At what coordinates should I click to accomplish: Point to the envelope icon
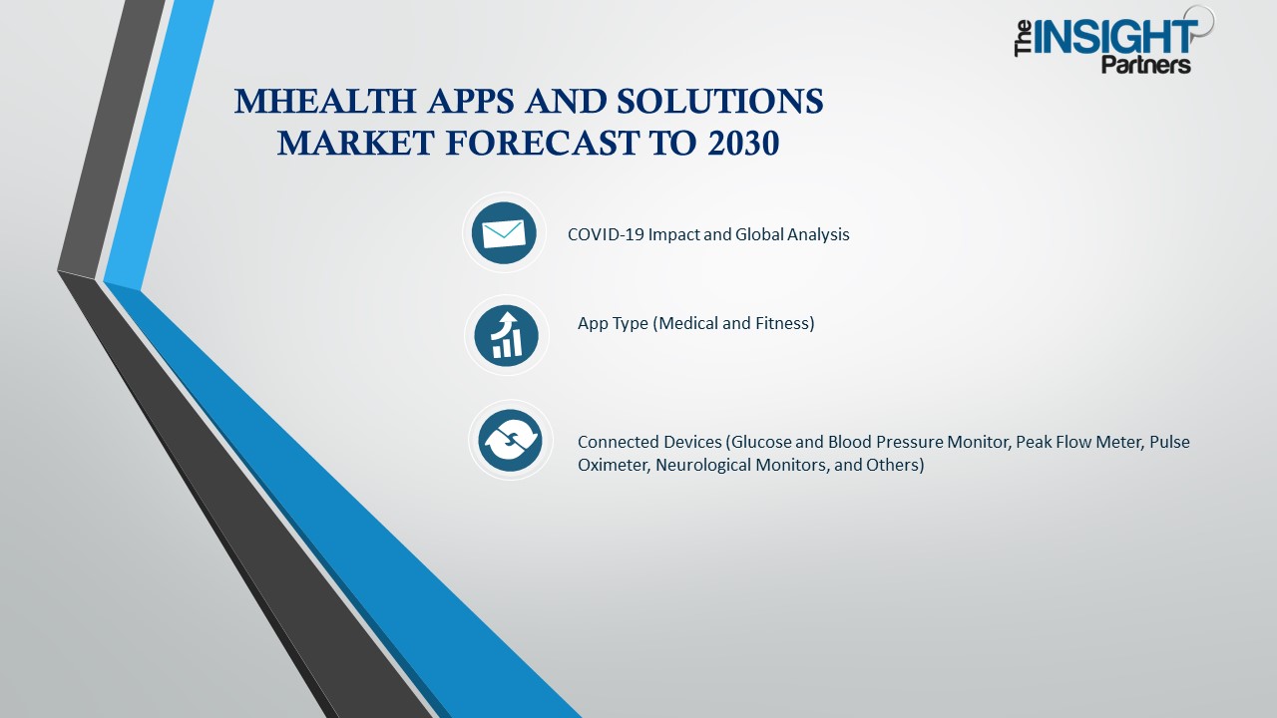point(504,233)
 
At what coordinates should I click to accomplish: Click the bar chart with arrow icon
point(507,335)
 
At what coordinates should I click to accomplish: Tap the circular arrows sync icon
point(510,441)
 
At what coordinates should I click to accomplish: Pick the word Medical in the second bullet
point(690,323)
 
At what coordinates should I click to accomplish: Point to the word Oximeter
point(613,465)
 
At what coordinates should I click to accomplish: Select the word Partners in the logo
point(1145,65)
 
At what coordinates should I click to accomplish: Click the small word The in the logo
point(1024,41)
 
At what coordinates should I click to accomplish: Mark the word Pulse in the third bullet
point(1169,442)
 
